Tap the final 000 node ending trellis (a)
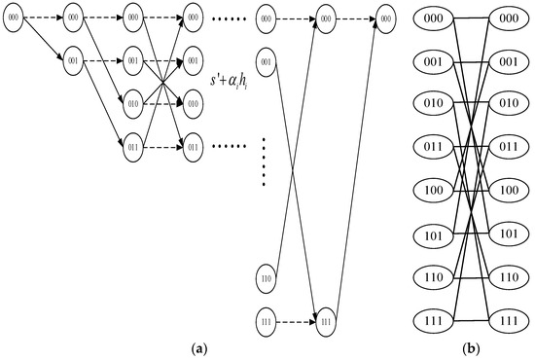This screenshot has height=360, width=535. (386, 18)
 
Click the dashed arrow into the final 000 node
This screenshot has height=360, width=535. (355, 18)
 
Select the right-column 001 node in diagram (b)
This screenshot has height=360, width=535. (504, 60)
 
